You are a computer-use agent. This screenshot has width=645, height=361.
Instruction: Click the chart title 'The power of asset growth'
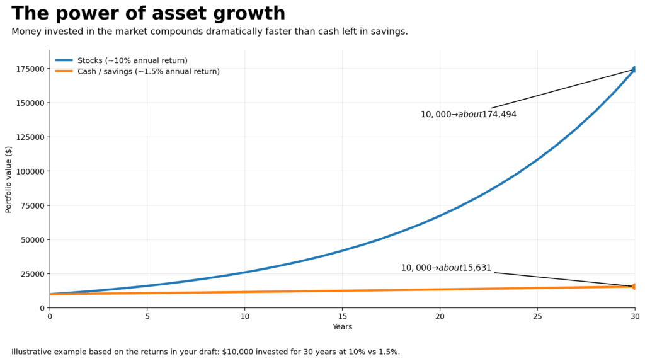pyautogui.click(x=148, y=13)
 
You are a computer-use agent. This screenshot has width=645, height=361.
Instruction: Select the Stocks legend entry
pyautogui.click(x=132, y=60)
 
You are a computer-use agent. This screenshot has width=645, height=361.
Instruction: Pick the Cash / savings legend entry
pyautogui.click(x=148, y=71)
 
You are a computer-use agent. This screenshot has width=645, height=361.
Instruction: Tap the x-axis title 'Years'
pyautogui.click(x=342, y=327)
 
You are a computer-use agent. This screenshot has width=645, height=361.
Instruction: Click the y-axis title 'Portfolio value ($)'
pyautogui.click(x=9, y=179)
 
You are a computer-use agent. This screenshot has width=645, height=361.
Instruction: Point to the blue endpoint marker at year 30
pyautogui.click(x=634, y=69)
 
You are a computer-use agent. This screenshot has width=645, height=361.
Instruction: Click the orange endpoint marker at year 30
pyautogui.click(x=634, y=287)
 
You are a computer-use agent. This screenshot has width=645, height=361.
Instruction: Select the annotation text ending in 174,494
pyautogui.click(x=468, y=115)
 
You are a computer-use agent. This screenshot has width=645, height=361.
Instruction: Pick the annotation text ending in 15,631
pyautogui.click(x=446, y=268)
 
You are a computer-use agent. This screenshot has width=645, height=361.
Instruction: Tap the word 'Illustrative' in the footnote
pyautogui.click(x=32, y=352)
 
